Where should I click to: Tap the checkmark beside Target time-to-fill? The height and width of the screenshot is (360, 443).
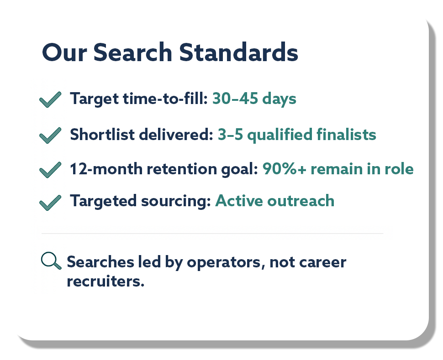(50, 99)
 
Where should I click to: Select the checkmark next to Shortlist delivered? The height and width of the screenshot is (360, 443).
(50, 136)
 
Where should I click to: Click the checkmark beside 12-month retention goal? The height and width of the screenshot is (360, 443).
(50, 170)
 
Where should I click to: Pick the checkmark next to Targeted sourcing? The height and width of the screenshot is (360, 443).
(50, 202)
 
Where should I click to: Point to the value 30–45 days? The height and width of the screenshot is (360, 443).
(254, 99)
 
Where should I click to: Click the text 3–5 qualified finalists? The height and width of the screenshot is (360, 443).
(297, 135)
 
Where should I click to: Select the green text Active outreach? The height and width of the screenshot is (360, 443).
(274, 201)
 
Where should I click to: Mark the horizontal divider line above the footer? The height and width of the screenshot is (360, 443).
(212, 234)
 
